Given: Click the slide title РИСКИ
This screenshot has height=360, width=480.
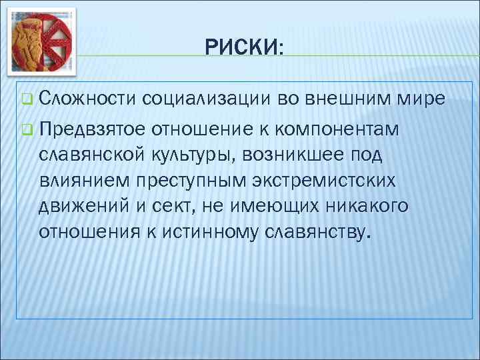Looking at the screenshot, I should (x=243, y=47).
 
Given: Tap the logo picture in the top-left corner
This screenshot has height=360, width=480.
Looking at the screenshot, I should (x=42, y=41).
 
